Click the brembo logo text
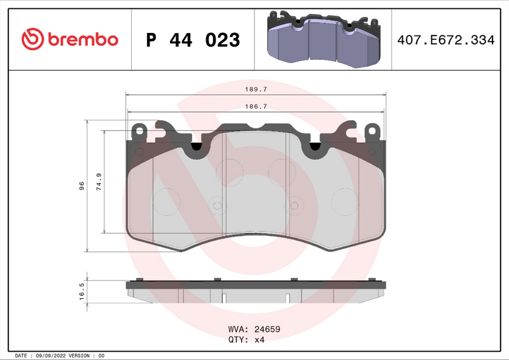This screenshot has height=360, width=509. [x=81, y=39]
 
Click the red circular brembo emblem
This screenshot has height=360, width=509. [x=32, y=39]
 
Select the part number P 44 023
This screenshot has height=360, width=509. [x=193, y=40]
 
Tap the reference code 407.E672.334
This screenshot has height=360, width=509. [x=445, y=40]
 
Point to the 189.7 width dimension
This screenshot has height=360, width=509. [x=256, y=90]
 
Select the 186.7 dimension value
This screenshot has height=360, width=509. [x=256, y=107]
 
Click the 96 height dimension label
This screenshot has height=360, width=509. [x=81, y=186]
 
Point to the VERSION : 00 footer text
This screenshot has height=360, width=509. [x=82, y=356]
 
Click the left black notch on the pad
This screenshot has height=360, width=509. [x=197, y=147]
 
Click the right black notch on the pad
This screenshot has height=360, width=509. [x=314, y=147]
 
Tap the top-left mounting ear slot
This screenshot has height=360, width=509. [x=138, y=131]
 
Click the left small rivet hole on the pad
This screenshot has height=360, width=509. [x=217, y=205]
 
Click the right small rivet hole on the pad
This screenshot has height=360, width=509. [x=294, y=205]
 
